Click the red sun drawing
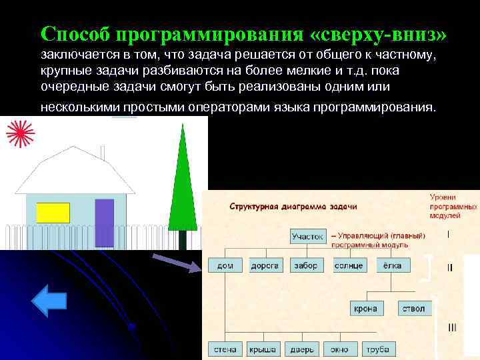pyautogui.click(x=19, y=133)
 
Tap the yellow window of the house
pyautogui.click(x=53, y=213)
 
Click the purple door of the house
pyautogui.click(x=104, y=222)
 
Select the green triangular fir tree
pyautogui.click(x=180, y=187)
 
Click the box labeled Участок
pyautogui.click(x=308, y=236)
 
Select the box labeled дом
pyautogui.click(x=225, y=265)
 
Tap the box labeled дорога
pyautogui.click(x=265, y=265)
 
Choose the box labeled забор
pyautogui.click(x=306, y=265)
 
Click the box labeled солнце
pyautogui.click(x=348, y=265)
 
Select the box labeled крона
pyautogui.click(x=366, y=308)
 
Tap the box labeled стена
pyautogui.click(x=225, y=349)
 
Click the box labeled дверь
pyautogui.click(x=301, y=349)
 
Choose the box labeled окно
pyautogui.click(x=339, y=349)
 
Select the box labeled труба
pyautogui.click(x=377, y=349)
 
